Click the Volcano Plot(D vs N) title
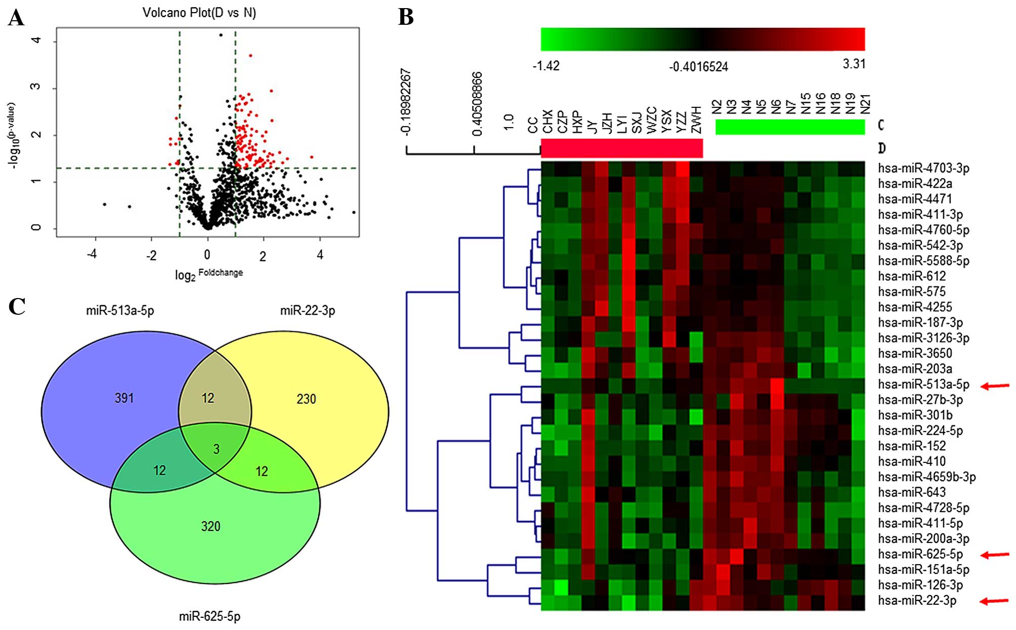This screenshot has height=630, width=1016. [199, 13]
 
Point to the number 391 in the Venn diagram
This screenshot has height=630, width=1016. [124, 398]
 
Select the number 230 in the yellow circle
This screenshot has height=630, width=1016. [306, 399]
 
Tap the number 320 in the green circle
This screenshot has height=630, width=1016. [210, 526]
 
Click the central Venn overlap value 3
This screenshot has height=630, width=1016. [216, 449]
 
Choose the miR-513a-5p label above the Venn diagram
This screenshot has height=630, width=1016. [120, 310]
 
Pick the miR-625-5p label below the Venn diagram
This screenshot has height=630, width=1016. [209, 616]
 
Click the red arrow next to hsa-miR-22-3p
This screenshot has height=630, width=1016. [995, 601]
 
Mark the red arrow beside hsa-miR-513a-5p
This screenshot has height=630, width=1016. [995, 386]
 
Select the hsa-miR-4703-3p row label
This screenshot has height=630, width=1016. [923, 168]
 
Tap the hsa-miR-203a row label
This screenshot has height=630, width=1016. [915, 368]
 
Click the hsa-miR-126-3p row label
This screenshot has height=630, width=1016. [920, 585]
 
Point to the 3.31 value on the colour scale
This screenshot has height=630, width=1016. [854, 64]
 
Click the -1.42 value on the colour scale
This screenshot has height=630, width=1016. [546, 66]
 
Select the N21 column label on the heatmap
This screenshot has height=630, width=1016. [865, 104]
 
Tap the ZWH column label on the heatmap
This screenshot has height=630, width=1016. [697, 120]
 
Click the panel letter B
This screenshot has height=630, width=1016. [406, 17]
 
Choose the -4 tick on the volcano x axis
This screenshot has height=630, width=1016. [92, 254]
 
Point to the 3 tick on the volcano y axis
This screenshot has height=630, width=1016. [35, 87]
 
